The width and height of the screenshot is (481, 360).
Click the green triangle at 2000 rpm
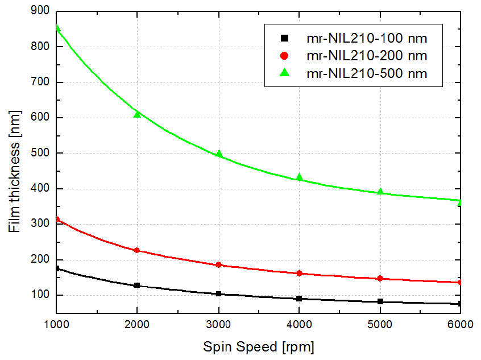click(x=137, y=115)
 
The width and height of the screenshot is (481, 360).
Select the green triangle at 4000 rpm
click(x=299, y=177)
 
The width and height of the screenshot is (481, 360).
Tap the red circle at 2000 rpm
click(x=137, y=250)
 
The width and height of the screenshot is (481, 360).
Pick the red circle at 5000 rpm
click(x=380, y=279)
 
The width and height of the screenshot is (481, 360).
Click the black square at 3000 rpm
click(x=218, y=293)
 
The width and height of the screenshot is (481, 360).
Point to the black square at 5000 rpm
click(x=380, y=301)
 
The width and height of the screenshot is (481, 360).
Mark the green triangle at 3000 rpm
click(x=218, y=154)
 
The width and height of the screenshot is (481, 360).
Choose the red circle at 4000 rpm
click(x=299, y=274)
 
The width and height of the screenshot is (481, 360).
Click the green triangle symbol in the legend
click(x=285, y=73)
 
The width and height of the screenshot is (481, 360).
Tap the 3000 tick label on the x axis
click(x=218, y=325)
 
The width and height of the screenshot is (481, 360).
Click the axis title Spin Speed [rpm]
click(x=259, y=346)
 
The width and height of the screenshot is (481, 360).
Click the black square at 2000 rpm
click(x=137, y=285)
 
